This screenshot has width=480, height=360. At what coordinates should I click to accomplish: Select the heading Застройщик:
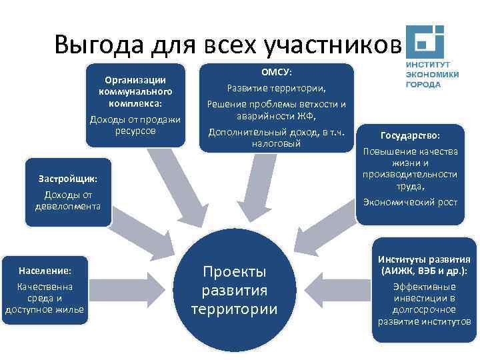68,179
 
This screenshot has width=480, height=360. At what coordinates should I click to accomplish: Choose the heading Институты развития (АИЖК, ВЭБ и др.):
425,265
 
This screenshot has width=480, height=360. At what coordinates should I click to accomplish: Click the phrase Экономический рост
410,201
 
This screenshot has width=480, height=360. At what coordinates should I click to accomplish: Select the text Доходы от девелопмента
68,200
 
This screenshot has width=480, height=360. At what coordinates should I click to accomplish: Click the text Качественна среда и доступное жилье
45,297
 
